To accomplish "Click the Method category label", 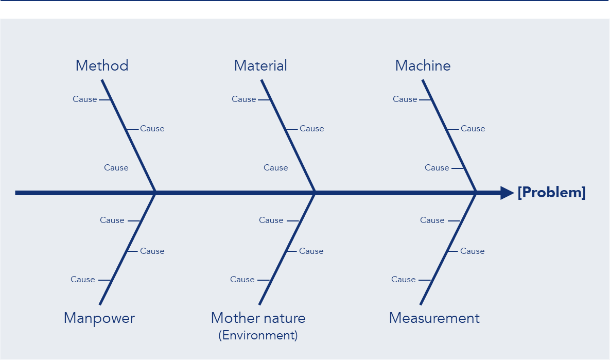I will click(102, 65).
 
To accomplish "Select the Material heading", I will click(260, 65).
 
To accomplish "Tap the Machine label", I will click(423, 65).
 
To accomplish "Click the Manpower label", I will click(99, 318).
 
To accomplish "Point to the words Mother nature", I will click(258, 318).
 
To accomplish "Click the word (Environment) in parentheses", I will click(258, 335).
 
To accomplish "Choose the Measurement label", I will click(434, 318).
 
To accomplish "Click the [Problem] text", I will click(551, 193).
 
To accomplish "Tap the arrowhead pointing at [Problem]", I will click(507, 193).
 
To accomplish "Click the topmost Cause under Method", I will click(85, 99).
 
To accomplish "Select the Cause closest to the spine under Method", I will click(116, 167).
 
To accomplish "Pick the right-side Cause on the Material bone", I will click(312, 128).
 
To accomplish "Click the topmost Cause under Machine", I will click(405, 99).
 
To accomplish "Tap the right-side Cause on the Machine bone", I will click(473, 128).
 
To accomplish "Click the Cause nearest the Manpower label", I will click(83, 279).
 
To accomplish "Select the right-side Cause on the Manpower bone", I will click(152, 251).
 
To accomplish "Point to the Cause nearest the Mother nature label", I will click(242, 279).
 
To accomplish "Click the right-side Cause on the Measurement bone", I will click(473, 251).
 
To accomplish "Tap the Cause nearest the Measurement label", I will click(404, 279).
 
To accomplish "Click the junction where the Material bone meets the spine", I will click(315, 193).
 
